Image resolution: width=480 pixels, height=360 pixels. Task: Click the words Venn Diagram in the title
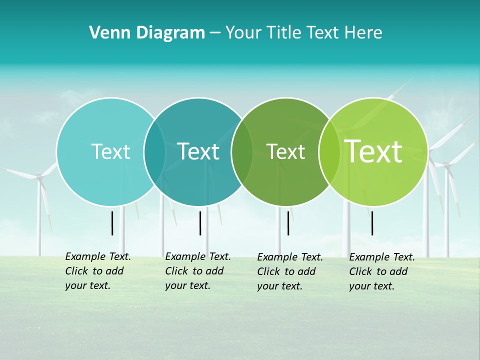click(147, 33)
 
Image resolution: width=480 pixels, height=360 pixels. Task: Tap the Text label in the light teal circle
click(110, 151)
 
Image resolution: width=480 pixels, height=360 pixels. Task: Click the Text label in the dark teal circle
click(198, 151)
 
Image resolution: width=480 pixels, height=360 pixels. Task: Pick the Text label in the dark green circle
click(285, 151)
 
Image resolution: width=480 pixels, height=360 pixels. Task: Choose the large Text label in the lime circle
click(373, 151)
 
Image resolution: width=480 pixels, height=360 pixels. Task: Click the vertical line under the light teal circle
click(112, 223)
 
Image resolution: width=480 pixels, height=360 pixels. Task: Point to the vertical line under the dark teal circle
click(200, 223)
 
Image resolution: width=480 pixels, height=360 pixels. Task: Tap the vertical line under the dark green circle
click(288, 223)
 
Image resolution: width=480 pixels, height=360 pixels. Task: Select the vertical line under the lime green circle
click(372, 223)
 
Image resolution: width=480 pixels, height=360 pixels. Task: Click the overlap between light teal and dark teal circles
click(154, 151)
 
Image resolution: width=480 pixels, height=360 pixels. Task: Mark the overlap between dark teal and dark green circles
click(242, 151)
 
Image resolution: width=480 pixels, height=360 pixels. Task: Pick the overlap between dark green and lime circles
click(328, 151)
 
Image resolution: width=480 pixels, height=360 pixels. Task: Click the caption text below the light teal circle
click(98, 271)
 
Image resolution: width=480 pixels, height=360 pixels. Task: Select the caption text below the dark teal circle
click(198, 271)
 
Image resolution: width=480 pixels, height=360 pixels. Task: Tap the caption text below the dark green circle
click(290, 271)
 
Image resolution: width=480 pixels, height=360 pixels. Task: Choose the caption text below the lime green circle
click(382, 271)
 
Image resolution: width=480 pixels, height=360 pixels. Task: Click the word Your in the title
click(243, 33)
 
